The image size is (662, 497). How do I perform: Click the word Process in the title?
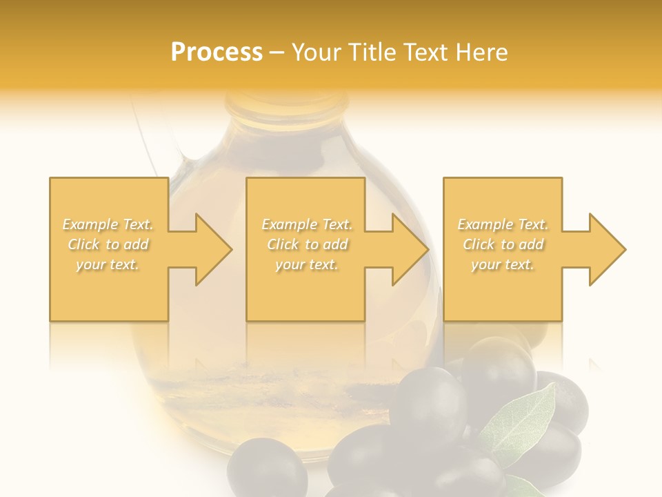click(217, 52)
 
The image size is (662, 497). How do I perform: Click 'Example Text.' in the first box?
click(108, 224)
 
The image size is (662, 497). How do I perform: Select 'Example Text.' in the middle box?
click(307, 224)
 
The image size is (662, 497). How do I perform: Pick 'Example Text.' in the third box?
click(503, 224)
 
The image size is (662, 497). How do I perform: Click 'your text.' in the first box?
click(108, 264)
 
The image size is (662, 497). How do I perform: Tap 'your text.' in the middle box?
click(307, 264)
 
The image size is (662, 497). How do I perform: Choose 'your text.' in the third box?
click(503, 264)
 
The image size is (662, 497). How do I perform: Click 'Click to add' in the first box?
click(108, 244)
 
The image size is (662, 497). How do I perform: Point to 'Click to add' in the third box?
click(503, 244)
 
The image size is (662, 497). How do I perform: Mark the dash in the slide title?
click(277, 53)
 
